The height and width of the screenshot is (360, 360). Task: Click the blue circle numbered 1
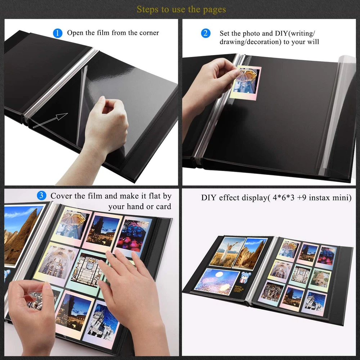[57, 33]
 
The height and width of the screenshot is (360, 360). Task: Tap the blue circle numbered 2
[206, 33]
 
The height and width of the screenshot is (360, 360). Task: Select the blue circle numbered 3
[41, 195]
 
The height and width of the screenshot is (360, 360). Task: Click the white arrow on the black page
[50, 120]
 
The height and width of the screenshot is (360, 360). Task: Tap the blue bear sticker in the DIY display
[245, 277]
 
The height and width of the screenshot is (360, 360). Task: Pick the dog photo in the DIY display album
[321, 279]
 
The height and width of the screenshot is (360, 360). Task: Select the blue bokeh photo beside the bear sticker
[216, 282]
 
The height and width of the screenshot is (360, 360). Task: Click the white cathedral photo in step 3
[101, 323]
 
